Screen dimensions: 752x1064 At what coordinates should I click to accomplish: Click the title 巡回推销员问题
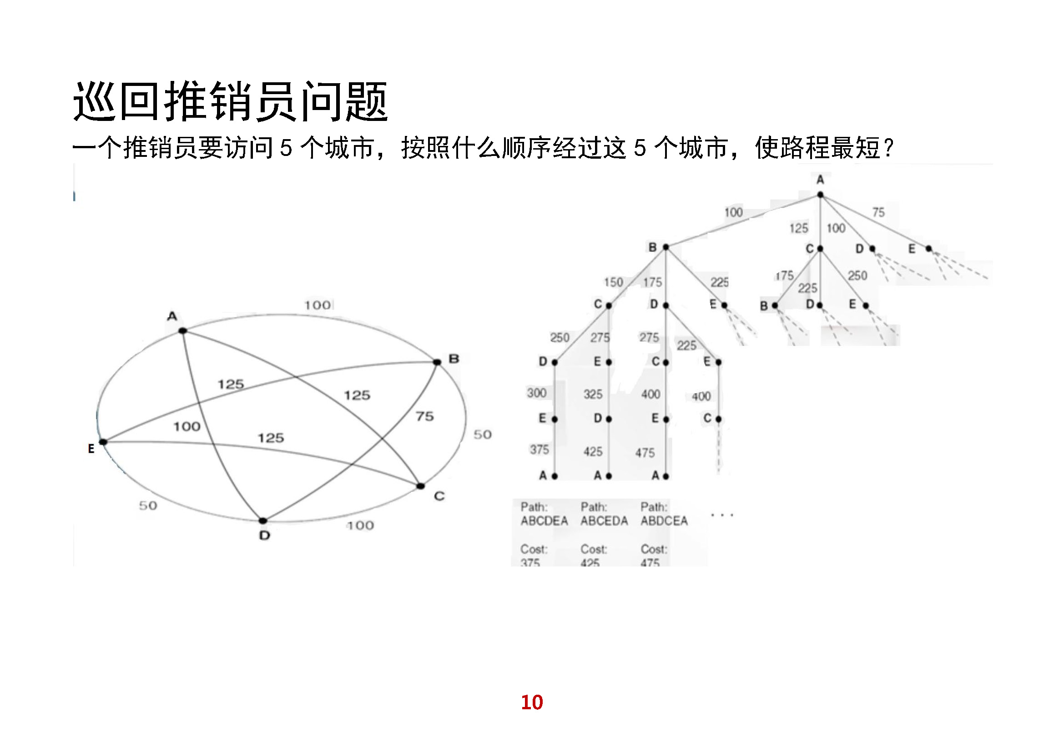[x=230, y=101]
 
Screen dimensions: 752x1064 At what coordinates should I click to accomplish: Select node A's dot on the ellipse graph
[x=183, y=331]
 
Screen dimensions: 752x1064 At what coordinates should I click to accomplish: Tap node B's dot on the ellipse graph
[x=437, y=362]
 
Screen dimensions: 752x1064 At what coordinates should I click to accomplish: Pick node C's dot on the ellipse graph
[x=420, y=486]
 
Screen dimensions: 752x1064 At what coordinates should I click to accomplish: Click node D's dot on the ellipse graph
[x=263, y=521]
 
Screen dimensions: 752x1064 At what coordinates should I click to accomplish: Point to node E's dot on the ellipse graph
[x=103, y=442]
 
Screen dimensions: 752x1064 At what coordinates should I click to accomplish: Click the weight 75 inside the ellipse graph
[x=424, y=416]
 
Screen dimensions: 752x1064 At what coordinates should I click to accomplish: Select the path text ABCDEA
[x=544, y=521]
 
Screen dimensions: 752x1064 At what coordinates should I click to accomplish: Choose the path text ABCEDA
[x=604, y=521]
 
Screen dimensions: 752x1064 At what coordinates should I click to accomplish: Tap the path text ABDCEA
[x=664, y=521]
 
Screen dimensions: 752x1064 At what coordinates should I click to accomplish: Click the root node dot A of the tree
[x=820, y=195]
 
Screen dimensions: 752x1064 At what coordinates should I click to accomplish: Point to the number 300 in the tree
[x=537, y=393]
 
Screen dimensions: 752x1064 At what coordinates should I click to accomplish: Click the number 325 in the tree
[x=593, y=395]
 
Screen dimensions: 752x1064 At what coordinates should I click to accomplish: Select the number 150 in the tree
[x=613, y=282]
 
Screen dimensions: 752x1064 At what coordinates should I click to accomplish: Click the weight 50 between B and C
[x=482, y=434]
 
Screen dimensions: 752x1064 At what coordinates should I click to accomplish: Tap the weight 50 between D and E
[x=148, y=505]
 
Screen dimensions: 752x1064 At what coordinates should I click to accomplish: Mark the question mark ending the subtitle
[x=888, y=148]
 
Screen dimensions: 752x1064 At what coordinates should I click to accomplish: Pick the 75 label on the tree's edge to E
[x=878, y=212]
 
